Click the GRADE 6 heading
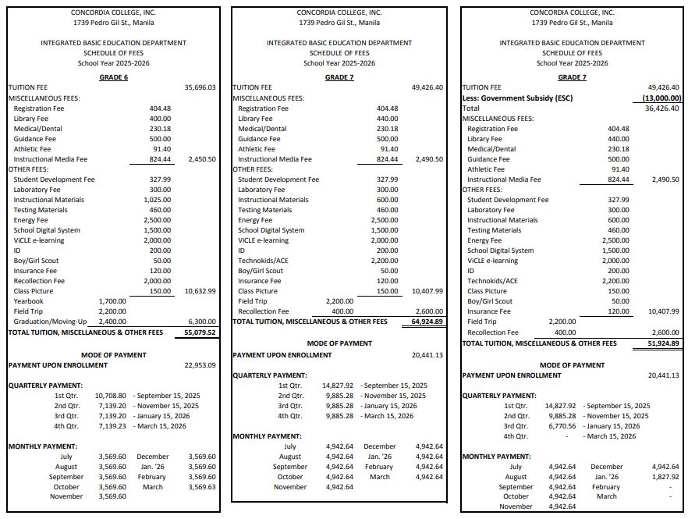pos(113,77)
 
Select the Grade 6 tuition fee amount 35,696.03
pos(200,88)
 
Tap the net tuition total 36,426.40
pos(662,108)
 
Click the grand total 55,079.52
pos(200,332)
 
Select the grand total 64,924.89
pos(427,322)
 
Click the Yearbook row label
pos(29,301)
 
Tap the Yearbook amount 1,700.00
pos(112,301)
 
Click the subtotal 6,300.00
pos(202,322)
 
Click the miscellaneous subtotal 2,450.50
pos(202,159)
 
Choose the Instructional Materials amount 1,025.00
pos(158,200)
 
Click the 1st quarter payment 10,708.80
pos(112,396)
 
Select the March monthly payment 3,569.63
pos(202,487)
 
